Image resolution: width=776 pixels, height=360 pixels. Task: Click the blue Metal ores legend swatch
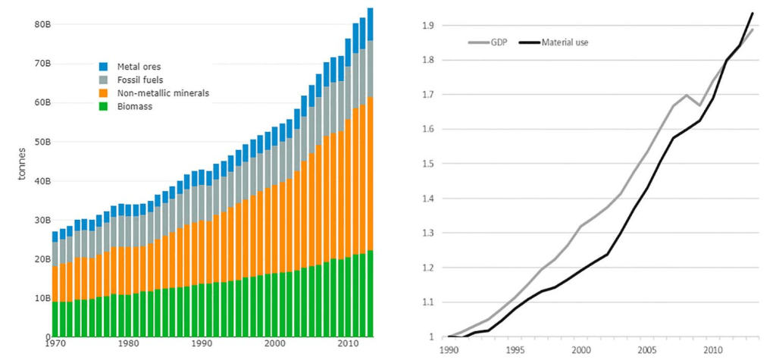tap(104, 66)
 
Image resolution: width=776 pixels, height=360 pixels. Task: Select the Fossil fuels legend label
tap(139, 80)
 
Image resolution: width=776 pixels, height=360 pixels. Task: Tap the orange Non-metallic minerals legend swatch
tap(104, 93)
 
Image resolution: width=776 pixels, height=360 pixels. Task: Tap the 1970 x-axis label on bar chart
tap(53, 344)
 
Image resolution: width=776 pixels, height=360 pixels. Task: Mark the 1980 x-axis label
tap(127, 344)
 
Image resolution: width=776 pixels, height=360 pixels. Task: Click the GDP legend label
tap(498, 42)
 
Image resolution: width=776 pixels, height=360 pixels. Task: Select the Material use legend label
tap(565, 42)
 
